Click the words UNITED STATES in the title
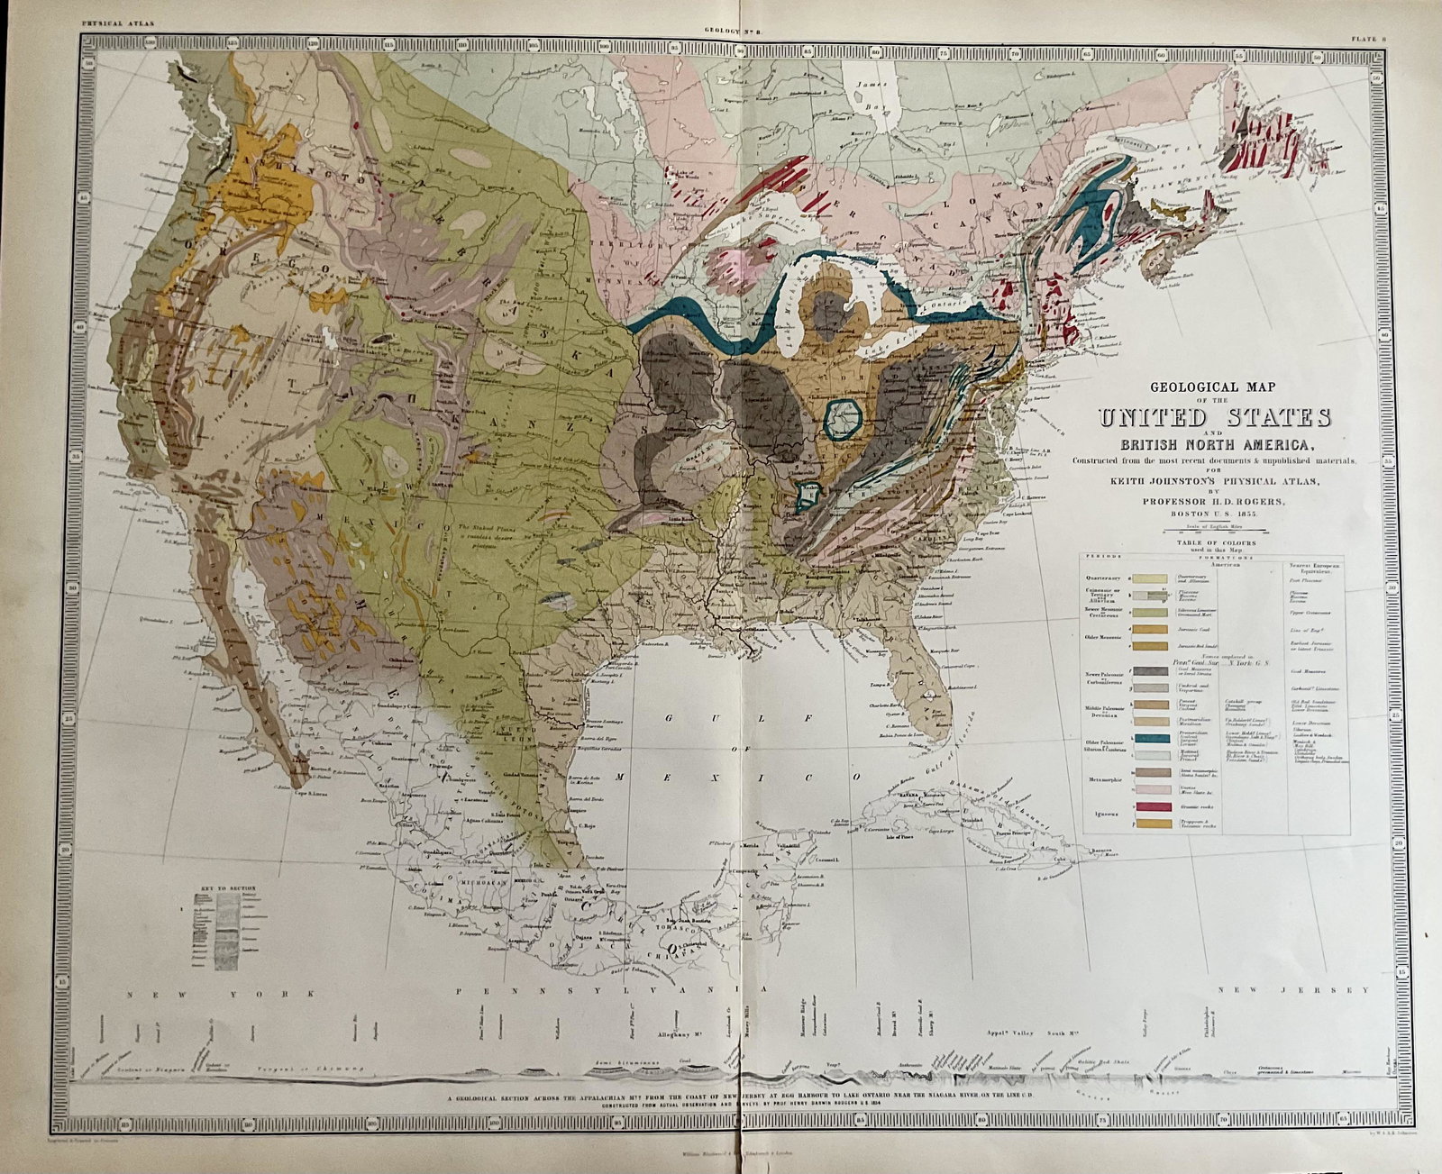point(1214,418)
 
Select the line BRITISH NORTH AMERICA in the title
point(1214,443)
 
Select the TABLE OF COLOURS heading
point(1214,544)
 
